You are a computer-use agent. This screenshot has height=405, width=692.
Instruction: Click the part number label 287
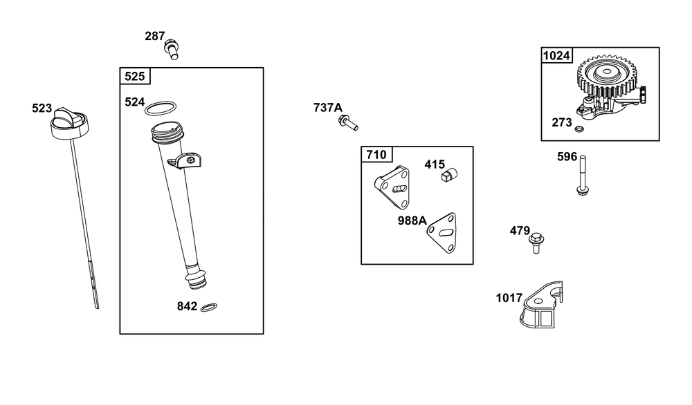pos(155,36)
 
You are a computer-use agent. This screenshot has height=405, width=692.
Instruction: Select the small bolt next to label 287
pos(172,49)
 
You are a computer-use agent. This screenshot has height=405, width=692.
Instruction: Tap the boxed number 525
pos(135,76)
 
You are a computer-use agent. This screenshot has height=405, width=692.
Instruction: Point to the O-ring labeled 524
pos(161,108)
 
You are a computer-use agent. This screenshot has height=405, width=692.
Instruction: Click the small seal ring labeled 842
pos(209,307)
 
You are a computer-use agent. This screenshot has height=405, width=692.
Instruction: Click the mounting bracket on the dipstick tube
pos(185,160)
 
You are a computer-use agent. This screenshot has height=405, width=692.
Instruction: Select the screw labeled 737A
pos(348,122)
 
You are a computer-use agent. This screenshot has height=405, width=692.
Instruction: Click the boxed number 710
pos(376,155)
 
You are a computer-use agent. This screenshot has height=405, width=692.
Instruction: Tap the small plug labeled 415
pos(449,175)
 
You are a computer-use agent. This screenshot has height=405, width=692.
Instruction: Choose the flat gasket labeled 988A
pos(441,233)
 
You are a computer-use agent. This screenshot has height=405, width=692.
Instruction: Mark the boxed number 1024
pos(556,55)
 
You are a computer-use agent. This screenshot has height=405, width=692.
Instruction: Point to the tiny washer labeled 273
pos(579,129)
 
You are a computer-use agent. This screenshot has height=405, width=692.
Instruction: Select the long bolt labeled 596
pos(583,175)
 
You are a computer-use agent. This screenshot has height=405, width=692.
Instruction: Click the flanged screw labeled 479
pos(536,243)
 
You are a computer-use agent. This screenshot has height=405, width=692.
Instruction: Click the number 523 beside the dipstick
pos(42,108)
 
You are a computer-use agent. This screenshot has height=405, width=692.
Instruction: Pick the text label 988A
pos(412,220)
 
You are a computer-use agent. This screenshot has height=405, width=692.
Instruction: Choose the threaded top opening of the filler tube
pos(167,131)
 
